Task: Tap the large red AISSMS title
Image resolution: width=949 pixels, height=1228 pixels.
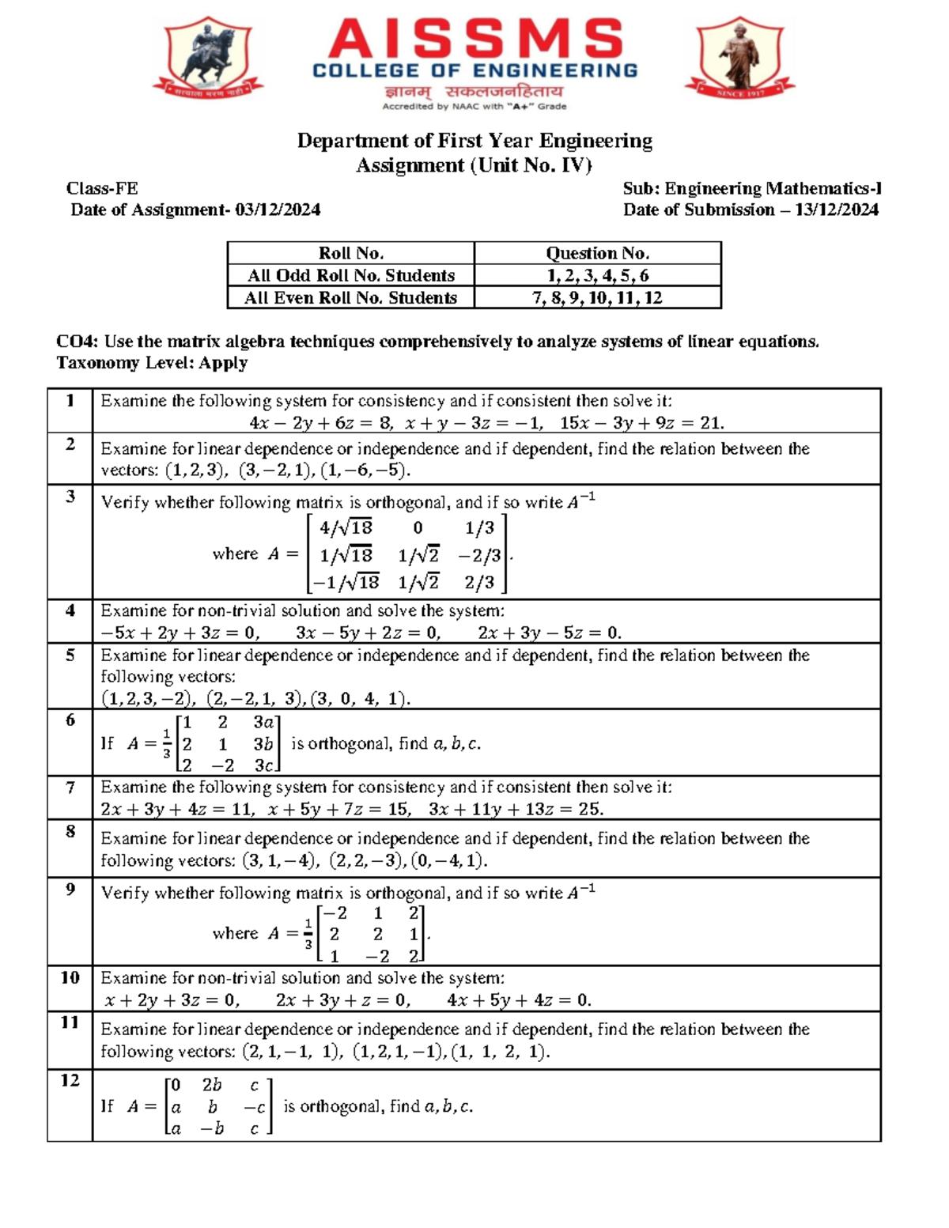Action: (475, 40)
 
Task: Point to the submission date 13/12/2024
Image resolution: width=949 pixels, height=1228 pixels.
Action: (836, 210)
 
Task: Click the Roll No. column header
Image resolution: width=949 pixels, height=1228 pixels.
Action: (350, 253)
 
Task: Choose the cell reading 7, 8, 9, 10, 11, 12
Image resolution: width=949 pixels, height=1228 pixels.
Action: (597, 297)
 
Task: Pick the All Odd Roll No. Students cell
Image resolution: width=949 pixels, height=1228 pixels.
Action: (350, 275)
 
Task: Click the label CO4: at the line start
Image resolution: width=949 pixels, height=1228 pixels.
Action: (77, 342)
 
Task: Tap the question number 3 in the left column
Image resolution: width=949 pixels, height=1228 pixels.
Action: (70, 497)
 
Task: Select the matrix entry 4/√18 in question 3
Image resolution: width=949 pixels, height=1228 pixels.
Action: (346, 527)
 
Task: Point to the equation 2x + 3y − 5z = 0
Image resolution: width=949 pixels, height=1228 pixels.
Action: (549, 633)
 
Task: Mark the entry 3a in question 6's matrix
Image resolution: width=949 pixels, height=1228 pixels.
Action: (263, 722)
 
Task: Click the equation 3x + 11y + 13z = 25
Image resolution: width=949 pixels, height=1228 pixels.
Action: (516, 809)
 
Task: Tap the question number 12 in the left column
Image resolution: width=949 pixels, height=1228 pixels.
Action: (70, 1080)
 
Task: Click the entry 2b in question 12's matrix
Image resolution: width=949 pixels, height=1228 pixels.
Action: (212, 1085)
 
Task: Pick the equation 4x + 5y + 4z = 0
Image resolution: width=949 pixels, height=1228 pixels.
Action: (519, 1000)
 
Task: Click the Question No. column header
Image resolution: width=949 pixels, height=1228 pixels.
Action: (597, 253)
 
